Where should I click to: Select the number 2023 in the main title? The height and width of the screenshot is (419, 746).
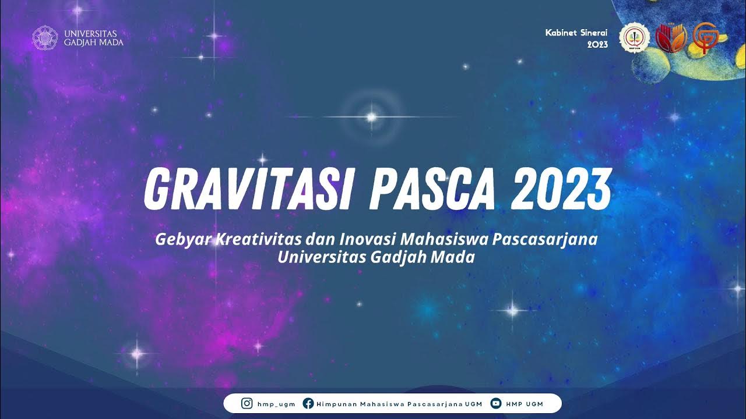tap(561, 189)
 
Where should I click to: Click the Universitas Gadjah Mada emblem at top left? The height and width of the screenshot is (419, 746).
tap(44, 37)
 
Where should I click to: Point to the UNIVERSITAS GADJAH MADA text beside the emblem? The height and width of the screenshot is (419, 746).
tap(94, 37)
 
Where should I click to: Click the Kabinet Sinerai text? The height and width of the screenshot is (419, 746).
tap(576, 33)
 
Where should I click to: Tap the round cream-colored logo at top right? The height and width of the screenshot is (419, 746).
tap(632, 37)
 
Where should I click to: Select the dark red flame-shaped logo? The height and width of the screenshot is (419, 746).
tap(668, 37)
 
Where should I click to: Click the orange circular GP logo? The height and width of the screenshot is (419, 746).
tap(704, 37)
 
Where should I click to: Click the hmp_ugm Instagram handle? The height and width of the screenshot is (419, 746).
tap(276, 404)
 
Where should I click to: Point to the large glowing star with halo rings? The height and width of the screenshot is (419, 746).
tap(371, 117)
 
